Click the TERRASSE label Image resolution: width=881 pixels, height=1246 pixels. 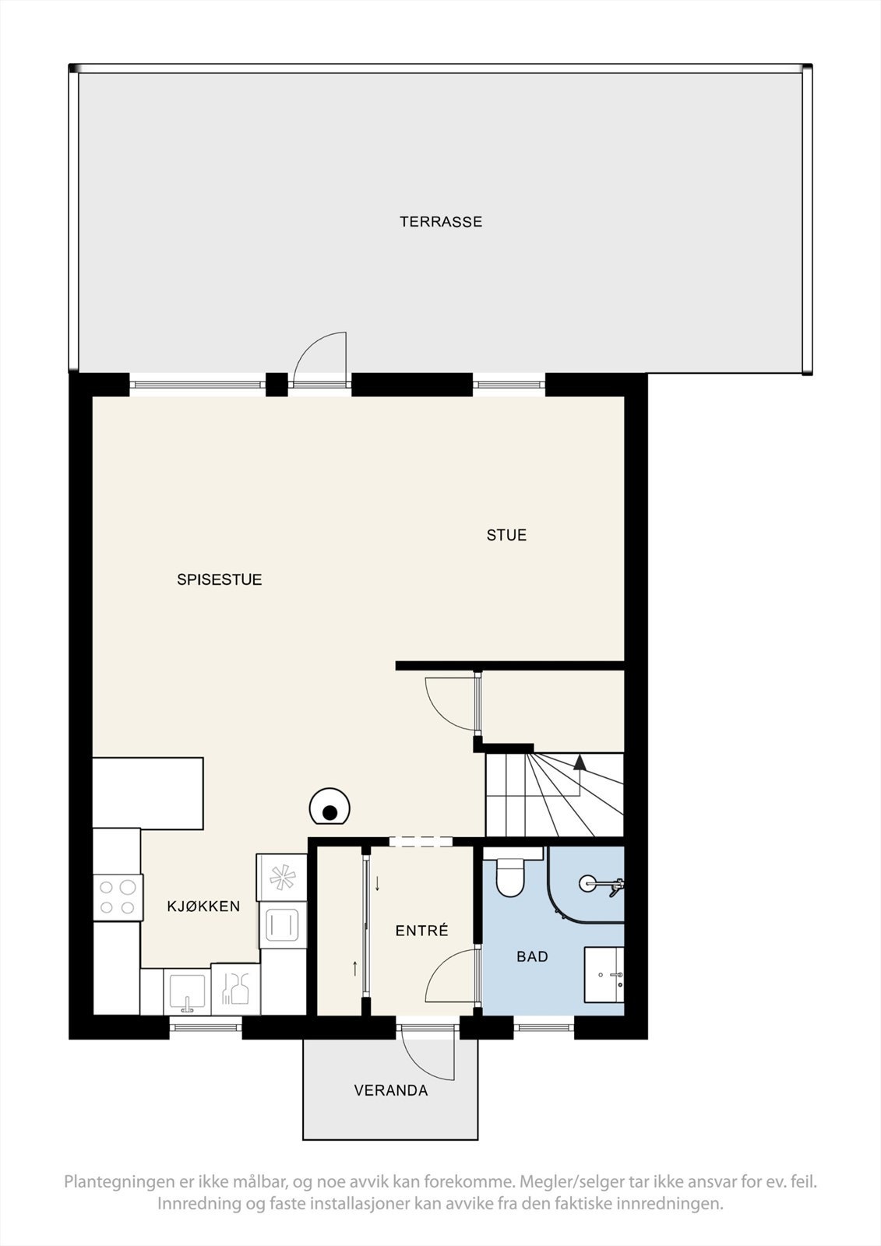[x=441, y=222]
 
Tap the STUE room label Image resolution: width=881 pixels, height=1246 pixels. [x=506, y=535]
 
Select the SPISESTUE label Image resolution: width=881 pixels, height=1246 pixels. [x=219, y=579]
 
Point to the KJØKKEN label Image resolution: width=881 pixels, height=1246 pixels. [x=203, y=906]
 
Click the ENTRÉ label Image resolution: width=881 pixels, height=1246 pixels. [x=421, y=931]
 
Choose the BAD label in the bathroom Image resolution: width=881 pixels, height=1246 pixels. [x=532, y=956]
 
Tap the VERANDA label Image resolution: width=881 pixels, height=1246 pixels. [x=391, y=1090]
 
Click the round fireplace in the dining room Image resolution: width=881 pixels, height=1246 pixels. [x=329, y=810]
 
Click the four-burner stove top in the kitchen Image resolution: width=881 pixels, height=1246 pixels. [x=118, y=896]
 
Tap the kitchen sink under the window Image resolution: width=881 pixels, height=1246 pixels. [x=187, y=993]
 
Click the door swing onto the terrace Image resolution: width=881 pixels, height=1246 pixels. [x=321, y=357]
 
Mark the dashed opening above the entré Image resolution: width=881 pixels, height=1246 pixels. [x=421, y=841]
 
